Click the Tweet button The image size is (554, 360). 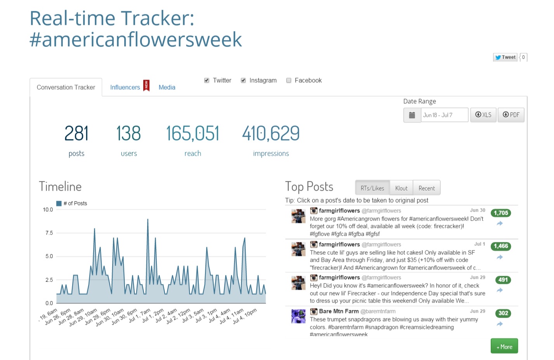pos(505,57)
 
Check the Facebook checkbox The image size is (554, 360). pos(288,80)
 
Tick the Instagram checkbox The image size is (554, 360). pos(243,80)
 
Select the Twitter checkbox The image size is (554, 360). pos(207,80)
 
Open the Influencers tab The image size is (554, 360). pos(125,87)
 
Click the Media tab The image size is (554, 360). pos(167,87)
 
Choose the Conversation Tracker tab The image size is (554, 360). pos(66,87)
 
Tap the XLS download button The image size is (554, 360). pos(483,115)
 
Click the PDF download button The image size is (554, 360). pos(511,115)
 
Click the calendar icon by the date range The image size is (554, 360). pos(412,115)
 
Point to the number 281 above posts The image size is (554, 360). pos(76,133)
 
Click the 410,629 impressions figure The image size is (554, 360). pos(271,133)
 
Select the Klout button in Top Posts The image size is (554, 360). pos(401,188)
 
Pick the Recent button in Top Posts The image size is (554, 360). pos(427,188)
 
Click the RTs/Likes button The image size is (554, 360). pos(372,188)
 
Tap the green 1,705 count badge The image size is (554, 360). pos(501,213)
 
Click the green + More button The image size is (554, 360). pos(504,346)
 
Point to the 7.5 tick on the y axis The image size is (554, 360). pos(49,233)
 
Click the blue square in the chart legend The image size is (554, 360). pos(59,203)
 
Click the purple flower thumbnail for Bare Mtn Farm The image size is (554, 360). pos(299,316)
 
